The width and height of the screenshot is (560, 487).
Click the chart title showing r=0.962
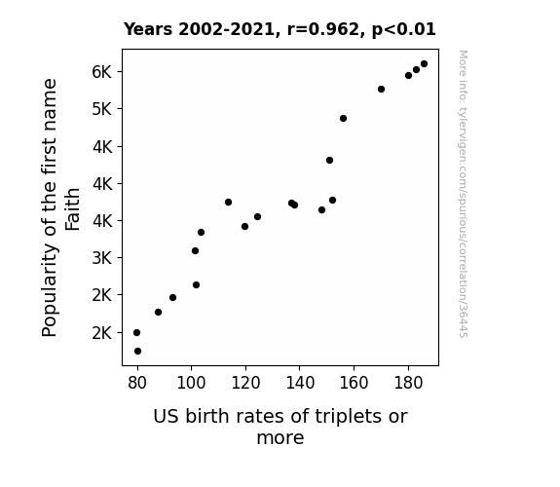pos(280,29)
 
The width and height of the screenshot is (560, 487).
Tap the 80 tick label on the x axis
pos(137,383)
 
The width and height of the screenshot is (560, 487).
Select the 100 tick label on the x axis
pos(192,383)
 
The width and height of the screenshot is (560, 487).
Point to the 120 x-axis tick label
pos(245,383)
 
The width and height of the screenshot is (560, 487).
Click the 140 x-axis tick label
pos(300,383)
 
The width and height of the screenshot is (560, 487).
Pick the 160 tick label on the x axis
pos(354,383)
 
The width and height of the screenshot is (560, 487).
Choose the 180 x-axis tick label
pos(408,383)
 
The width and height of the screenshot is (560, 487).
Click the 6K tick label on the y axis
pos(102,72)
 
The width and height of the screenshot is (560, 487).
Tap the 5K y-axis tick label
pos(102,109)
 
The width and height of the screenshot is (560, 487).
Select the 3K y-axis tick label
pos(102,257)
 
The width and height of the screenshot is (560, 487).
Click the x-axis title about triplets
pos(280,427)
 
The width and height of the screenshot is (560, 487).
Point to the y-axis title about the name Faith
pos(60,207)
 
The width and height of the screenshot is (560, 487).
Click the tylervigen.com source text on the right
pos(463,194)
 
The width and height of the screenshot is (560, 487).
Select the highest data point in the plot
pos(424,64)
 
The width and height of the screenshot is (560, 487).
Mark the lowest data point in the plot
pos(137,352)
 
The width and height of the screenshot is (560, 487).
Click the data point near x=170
pos(381,89)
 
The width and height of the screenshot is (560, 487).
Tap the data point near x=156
pos(343,118)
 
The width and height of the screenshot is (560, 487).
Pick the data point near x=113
pos(228,203)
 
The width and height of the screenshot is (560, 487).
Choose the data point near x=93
pos(172,298)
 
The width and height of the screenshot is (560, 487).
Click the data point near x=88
pos(158,313)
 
